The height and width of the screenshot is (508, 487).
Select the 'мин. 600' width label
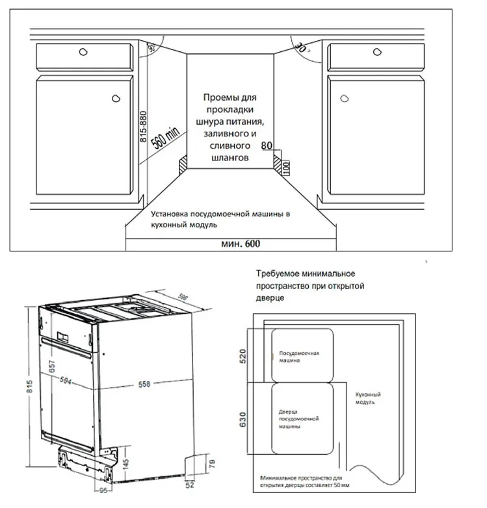pos(242,244)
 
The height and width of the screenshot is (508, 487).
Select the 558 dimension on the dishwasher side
pos(144,384)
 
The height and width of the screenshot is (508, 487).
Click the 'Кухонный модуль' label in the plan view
pos(368,398)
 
